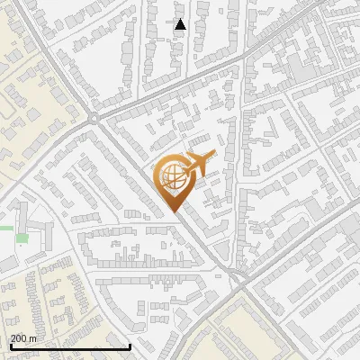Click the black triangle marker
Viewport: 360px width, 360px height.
pyautogui.click(x=180, y=24)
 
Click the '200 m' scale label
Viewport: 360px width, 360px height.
pyautogui.click(x=24, y=338)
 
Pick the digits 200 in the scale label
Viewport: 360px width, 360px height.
pyautogui.click(x=20, y=338)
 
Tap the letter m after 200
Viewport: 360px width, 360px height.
pyautogui.click(x=33, y=338)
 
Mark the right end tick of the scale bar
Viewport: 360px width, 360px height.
pyautogui.click(x=130, y=345)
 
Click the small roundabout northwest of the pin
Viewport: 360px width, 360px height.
pyautogui.click(x=94, y=117)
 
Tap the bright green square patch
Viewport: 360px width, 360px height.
pyautogui.click(x=21, y=239)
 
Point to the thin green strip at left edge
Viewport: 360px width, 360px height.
pyautogui.click(x=5, y=228)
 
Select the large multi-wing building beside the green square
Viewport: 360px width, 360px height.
pyautogui.click(x=34, y=229)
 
